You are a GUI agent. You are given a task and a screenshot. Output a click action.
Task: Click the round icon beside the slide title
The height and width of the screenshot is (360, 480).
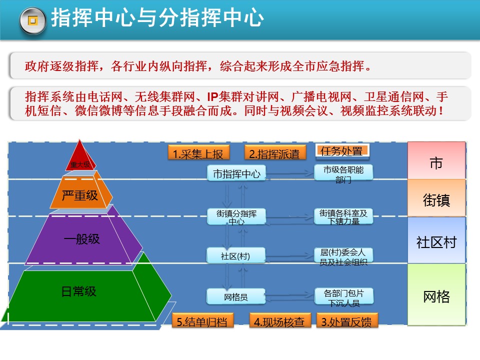pos(32,20)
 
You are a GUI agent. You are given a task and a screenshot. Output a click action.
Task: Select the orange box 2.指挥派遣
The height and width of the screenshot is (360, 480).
pos(274,153)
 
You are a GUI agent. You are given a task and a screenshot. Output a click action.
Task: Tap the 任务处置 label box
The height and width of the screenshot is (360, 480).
pos(342,150)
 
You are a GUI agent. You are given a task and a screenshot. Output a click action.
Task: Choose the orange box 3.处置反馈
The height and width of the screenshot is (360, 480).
pos(346,321)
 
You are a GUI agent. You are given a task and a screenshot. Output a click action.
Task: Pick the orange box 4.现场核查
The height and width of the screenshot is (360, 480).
pos(279,321)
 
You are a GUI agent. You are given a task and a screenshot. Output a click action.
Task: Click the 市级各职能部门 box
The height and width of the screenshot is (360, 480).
pos(343,173)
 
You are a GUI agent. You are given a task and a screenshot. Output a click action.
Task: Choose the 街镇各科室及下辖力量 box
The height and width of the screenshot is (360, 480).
pos(343,216)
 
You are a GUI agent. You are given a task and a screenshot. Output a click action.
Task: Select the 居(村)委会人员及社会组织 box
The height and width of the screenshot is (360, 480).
pos(343,255)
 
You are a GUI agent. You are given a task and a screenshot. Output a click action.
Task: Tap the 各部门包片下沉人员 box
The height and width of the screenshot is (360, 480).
pos(343,296)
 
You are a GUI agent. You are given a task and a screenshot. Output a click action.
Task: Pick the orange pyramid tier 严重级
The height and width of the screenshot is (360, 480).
pos(80,195)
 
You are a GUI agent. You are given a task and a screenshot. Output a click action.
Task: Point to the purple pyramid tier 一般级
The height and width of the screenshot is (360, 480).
pos(82,239)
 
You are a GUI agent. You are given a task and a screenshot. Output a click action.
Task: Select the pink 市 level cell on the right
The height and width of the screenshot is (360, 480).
pos(436,163)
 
